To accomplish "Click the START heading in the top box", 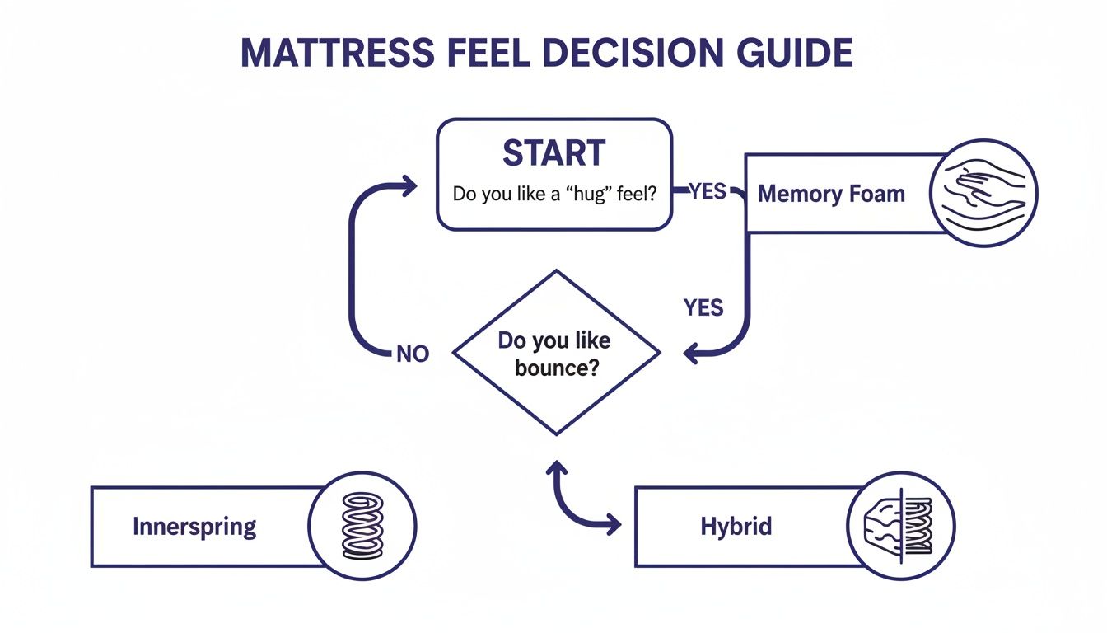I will [x=553, y=153].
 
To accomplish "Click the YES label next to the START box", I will [x=708, y=191].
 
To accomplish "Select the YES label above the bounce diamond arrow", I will [x=703, y=307].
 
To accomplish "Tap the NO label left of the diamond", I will [x=413, y=354].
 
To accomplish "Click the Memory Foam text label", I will [x=831, y=195].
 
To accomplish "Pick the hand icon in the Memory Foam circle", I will [x=983, y=194].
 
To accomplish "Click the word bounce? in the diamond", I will [x=556, y=368].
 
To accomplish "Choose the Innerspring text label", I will [x=194, y=527].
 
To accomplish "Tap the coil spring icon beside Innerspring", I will [x=362, y=526].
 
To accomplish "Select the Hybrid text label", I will [x=736, y=527].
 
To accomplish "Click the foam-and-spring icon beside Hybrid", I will [x=900, y=526].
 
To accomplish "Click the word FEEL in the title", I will [x=482, y=53].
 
